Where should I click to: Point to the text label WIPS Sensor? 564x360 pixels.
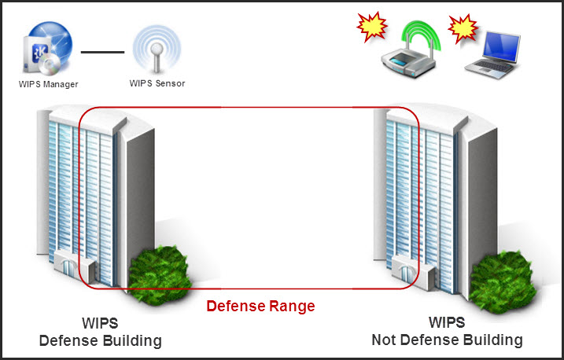point(157,83)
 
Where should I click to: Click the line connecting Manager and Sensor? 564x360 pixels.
point(103,52)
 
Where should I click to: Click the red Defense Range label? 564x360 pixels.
point(260,306)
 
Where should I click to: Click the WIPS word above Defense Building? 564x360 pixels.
point(100,323)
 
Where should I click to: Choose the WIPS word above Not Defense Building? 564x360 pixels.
point(446,323)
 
